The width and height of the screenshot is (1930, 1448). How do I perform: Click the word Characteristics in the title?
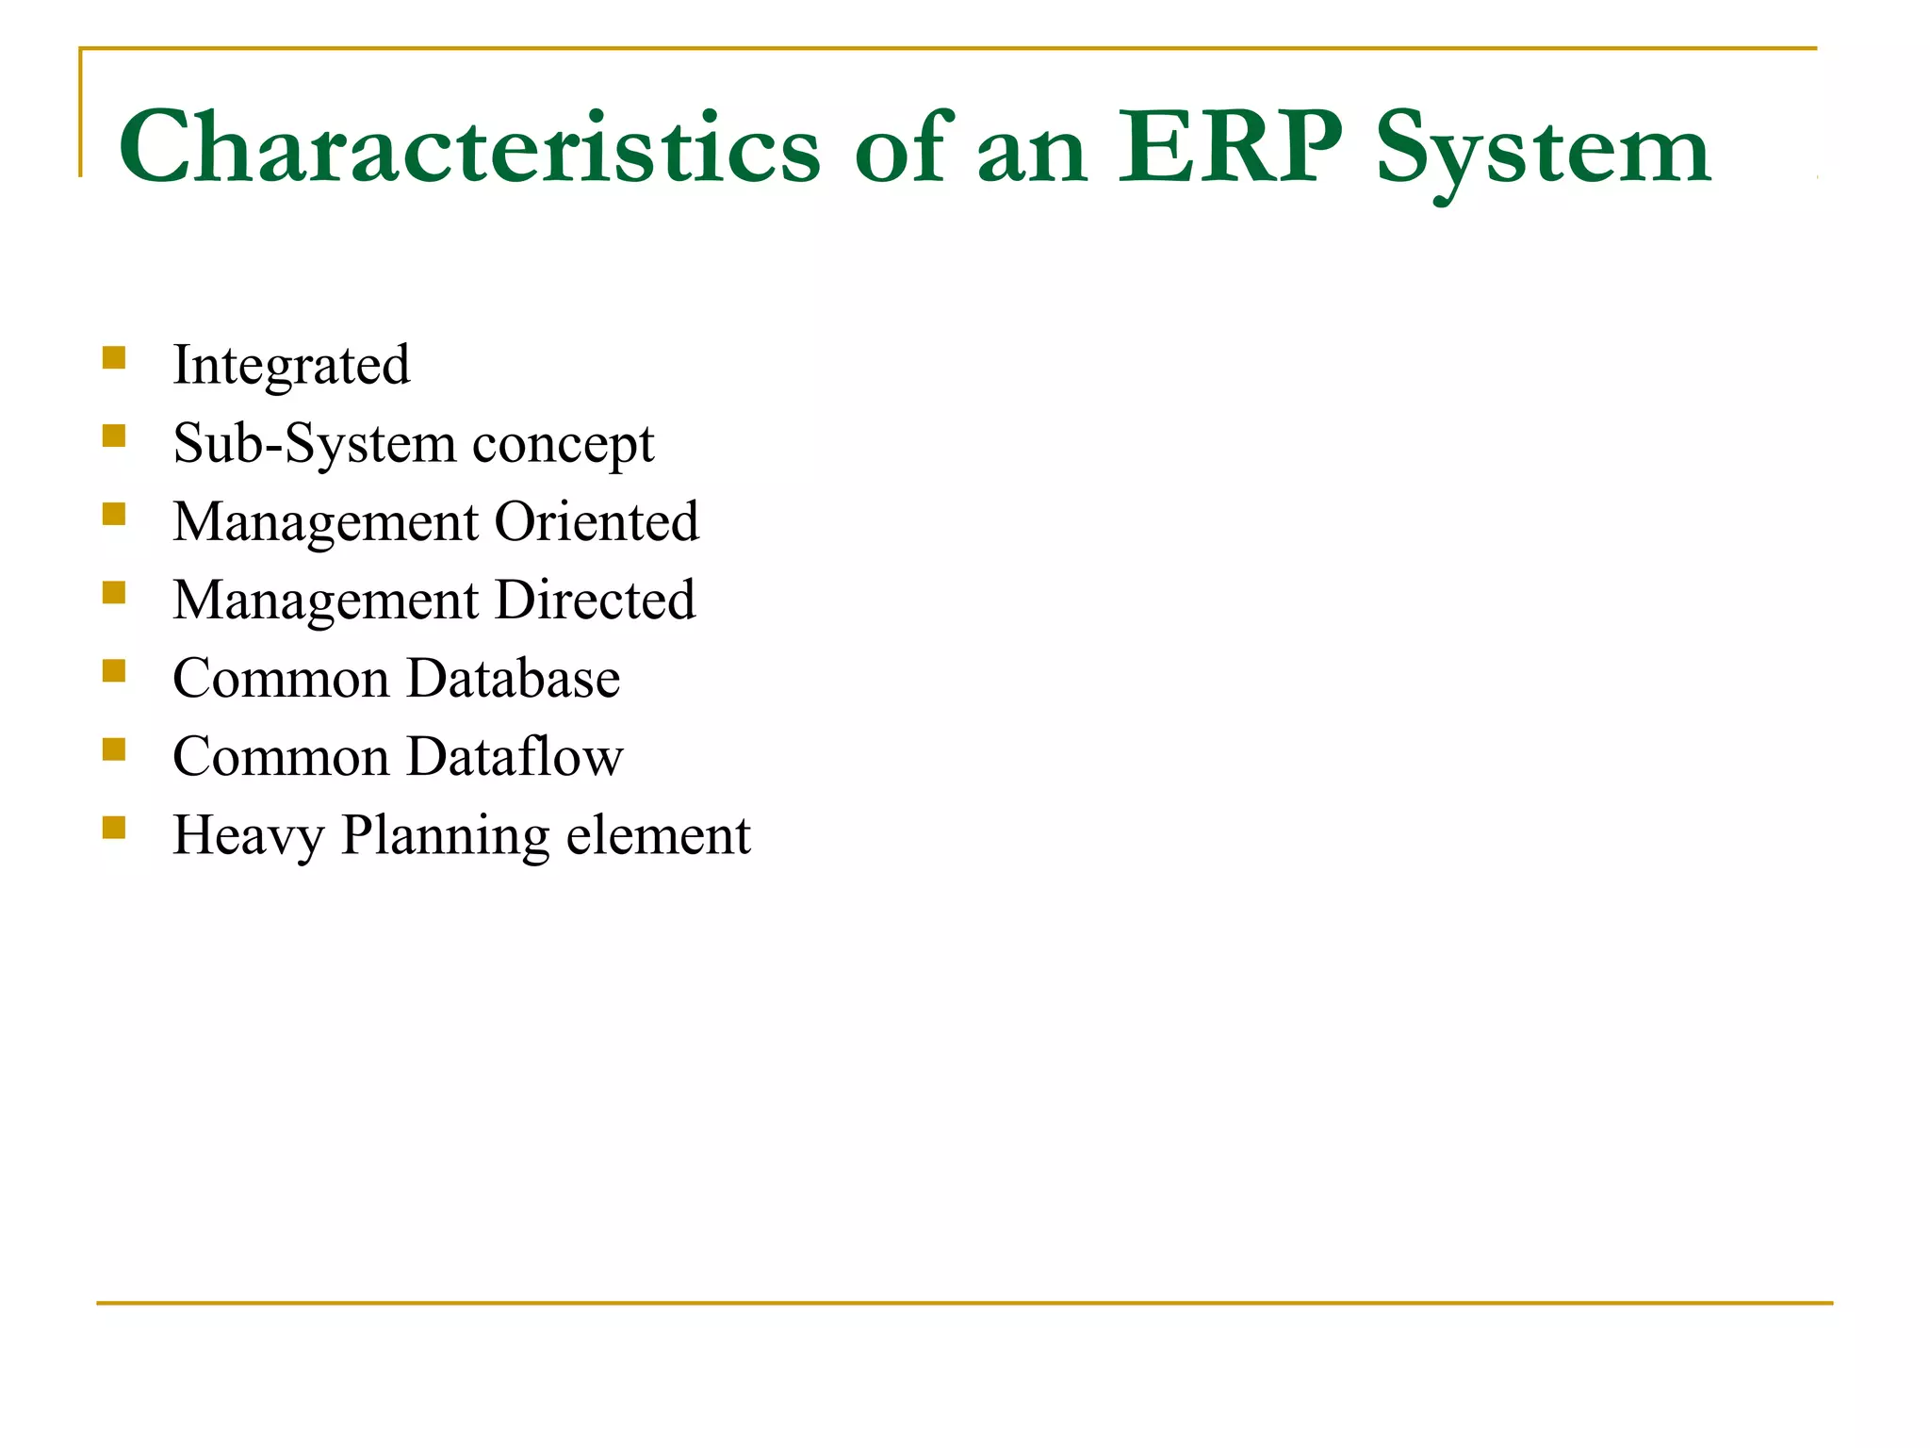point(469,149)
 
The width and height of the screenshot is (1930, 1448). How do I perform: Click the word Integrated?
point(291,365)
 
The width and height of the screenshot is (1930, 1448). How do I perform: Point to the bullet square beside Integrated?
point(114,358)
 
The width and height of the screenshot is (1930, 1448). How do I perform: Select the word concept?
point(563,445)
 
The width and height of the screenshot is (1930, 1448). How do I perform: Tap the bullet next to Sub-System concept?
point(114,436)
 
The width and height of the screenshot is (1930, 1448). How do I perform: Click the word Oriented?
point(597,521)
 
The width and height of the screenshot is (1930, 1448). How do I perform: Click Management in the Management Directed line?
point(326,601)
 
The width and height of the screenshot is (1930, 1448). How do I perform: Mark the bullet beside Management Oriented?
point(114,515)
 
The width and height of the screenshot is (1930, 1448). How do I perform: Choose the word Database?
point(513,678)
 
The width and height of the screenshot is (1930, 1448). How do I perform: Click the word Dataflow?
point(515,756)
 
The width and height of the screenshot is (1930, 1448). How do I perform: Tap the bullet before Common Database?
point(114,671)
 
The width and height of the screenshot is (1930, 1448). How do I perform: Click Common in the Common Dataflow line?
point(281,756)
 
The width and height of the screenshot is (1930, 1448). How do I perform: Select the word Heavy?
point(248,836)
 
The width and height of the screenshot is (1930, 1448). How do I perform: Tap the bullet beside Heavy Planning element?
point(114,828)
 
